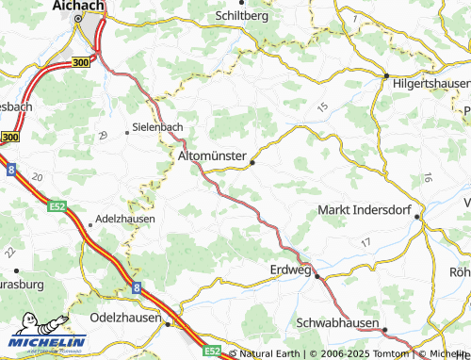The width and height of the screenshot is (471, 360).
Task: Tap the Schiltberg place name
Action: [242, 16]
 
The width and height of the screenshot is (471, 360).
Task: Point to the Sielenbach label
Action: [157, 126]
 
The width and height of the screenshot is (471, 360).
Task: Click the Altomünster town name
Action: [212, 154]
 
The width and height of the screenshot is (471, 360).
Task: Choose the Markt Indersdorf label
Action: [366, 208]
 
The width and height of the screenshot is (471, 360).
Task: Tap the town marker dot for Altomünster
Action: [252, 163]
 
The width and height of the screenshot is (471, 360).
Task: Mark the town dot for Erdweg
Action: [317, 276]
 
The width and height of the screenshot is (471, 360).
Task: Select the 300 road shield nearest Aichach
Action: [81, 61]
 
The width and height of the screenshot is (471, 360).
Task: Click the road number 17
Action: [365, 243]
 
